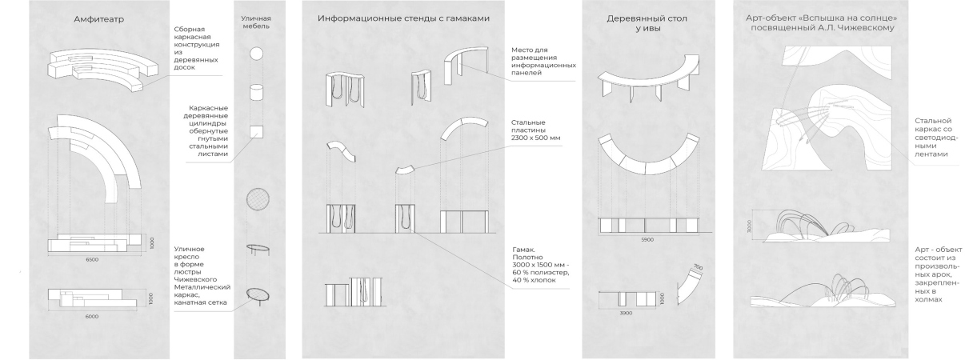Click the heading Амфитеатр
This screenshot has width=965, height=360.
point(98,19)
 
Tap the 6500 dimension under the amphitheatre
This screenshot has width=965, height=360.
point(92,260)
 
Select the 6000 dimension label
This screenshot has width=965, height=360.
point(92,317)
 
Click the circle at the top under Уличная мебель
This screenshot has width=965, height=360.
point(256,54)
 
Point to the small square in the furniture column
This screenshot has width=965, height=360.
point(256,132)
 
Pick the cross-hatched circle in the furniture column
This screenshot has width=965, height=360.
point(258,199)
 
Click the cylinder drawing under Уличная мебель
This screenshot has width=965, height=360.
point(256,92)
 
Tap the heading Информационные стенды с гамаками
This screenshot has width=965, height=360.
point(403,18)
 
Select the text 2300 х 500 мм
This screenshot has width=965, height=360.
point(536,138)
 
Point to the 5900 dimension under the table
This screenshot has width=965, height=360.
point(647,240)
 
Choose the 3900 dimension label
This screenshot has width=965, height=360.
point(626,313)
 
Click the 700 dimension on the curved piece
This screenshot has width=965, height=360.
point(698,267)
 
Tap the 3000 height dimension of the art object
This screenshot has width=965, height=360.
point(749,226)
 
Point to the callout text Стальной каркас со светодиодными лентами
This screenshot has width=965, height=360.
point(936,138)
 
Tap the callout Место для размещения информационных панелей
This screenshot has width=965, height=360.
point(543,62)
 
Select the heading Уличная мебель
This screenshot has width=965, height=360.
point(256,22)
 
